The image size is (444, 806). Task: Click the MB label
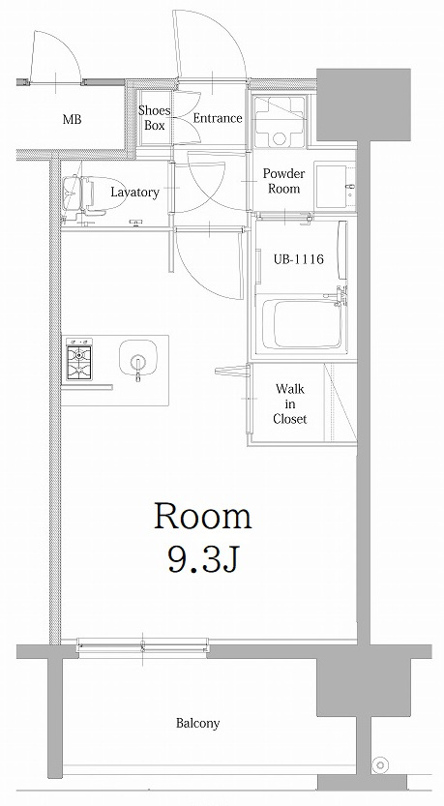click(x=72, y=120)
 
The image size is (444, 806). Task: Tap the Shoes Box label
click(x=154, y=117)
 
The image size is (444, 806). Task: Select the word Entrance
click(x=218, y=118)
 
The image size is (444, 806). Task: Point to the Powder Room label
click(x=283, y=181)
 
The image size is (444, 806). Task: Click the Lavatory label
click(x=135, y=193)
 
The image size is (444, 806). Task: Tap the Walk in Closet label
click(x=290, y=404)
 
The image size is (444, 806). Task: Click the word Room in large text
click(x=203, y=516)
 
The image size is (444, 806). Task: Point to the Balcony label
click(x=198, y=723)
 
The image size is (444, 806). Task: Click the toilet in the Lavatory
click(x=93, y=195)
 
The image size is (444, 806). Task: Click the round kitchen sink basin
click(x=137, y=358)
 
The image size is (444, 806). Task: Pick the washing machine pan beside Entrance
click(x=279, y=122)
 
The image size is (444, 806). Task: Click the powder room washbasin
click(x=334, y=186)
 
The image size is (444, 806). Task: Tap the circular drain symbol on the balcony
click(x=381, y=764)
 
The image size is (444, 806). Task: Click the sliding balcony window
click(x=143, y=645)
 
